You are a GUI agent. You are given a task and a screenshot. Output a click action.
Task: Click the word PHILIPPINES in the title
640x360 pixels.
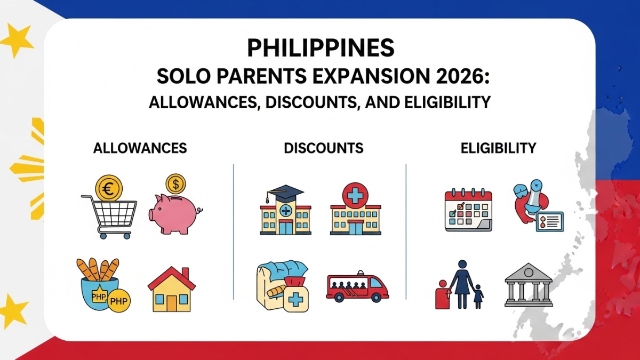320,48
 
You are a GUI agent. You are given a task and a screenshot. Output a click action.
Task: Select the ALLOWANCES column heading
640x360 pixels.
140,148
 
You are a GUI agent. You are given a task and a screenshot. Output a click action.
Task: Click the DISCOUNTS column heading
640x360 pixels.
324,148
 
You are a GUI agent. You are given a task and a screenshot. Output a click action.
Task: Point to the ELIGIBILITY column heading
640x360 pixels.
498,148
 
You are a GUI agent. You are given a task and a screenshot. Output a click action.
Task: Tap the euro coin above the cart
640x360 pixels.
109,188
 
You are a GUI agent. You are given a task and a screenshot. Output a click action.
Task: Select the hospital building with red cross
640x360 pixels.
355,211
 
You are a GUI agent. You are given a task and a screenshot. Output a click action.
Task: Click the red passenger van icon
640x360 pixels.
357,288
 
